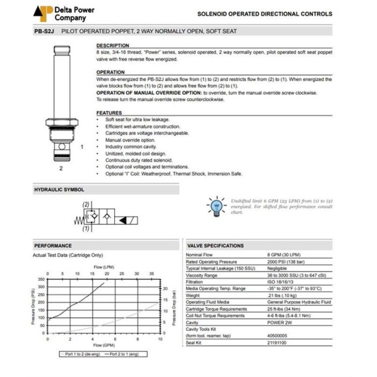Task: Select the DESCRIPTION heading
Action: [113, 46]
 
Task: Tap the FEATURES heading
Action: [109, 113]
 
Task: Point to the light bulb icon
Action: [216, 205]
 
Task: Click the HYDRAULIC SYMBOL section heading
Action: [59, 190]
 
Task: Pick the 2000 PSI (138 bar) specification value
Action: [284, 261]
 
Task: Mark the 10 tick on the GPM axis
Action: [160, 339]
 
